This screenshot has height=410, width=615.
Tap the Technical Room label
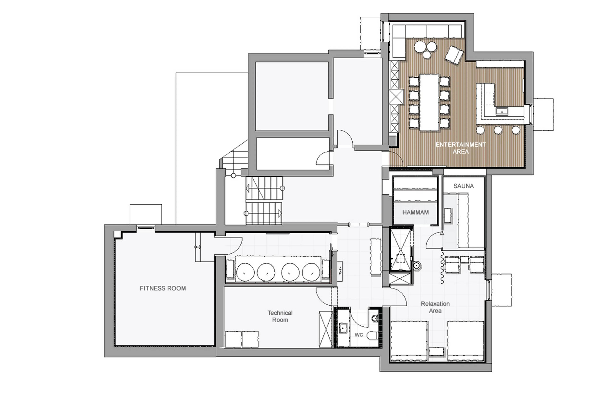[280, 316]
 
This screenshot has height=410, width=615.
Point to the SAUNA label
[463, 186]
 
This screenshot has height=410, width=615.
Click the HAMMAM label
[415, 212]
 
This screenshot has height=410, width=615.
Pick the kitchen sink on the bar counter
[502, 111]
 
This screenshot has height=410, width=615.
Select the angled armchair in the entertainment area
[454, 55]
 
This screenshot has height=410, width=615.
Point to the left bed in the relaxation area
[409, 340]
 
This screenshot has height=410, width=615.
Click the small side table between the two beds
[436, 351]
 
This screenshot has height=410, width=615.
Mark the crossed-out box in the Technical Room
[326, 329]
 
